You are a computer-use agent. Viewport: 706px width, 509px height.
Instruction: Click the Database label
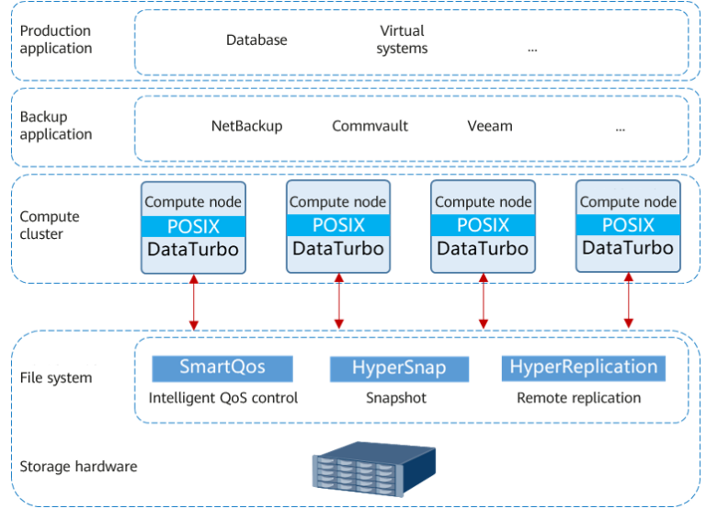(x=256, y=40)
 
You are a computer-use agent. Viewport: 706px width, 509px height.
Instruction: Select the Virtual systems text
(x=402, y=40)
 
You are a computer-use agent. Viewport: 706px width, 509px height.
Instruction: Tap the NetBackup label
(x=246, y=126)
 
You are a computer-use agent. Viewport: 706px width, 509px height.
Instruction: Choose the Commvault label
(x=370, y=126)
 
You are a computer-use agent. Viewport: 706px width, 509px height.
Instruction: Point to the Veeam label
(x=489, y=126)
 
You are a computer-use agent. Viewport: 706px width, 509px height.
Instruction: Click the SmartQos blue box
(x=222, y=368)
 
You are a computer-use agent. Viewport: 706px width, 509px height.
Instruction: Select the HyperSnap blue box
(x=399, y=368)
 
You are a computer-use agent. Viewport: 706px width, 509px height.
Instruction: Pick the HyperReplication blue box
(x=584, y=368)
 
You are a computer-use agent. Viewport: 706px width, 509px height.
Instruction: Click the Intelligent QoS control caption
(x=223, y=398)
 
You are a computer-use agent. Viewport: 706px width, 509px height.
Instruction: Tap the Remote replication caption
(x=578, y=398)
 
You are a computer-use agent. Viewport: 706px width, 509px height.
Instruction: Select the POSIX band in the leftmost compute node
(x=193, y=226)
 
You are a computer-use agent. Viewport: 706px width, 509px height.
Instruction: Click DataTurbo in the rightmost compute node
(x=628, y=248)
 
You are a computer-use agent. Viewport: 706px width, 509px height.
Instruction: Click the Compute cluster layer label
(x=50, y=225)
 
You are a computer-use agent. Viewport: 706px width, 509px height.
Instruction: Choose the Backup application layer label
(x=56, y=126)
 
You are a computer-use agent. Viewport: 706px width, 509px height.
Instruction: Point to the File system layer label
(x=56, y=378)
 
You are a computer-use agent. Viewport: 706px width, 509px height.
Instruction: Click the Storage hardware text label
(x=78, y=467)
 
